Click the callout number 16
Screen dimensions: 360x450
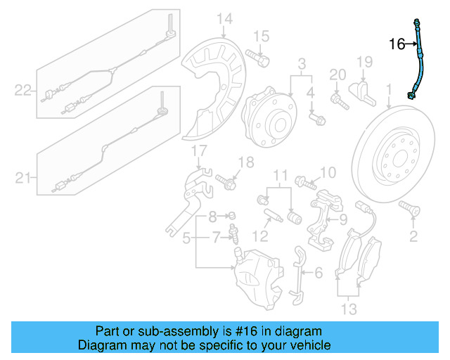point(397,44)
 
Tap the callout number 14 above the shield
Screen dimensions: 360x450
point(224,18)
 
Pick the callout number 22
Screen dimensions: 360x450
point(24,89)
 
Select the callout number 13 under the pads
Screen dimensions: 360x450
point(349,309)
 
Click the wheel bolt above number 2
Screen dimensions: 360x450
point(408,208)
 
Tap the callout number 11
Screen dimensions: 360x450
point(281,174)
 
